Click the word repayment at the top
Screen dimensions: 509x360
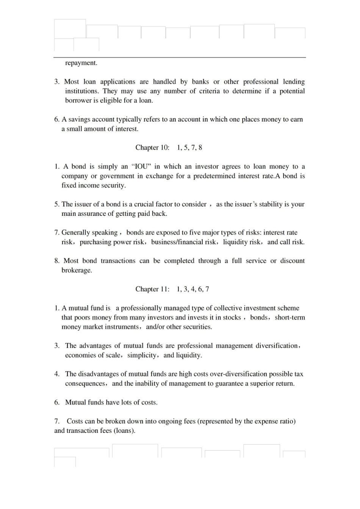tap(81, 63)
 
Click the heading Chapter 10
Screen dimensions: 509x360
tap(152, 148)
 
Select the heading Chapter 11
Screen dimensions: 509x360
tap(152, 289)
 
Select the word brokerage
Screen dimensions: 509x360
tap(77, 270)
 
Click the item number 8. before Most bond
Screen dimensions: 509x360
tap(57, 261)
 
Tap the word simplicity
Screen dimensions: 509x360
tap(142, 355)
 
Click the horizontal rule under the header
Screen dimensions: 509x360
tap(180, 58)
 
